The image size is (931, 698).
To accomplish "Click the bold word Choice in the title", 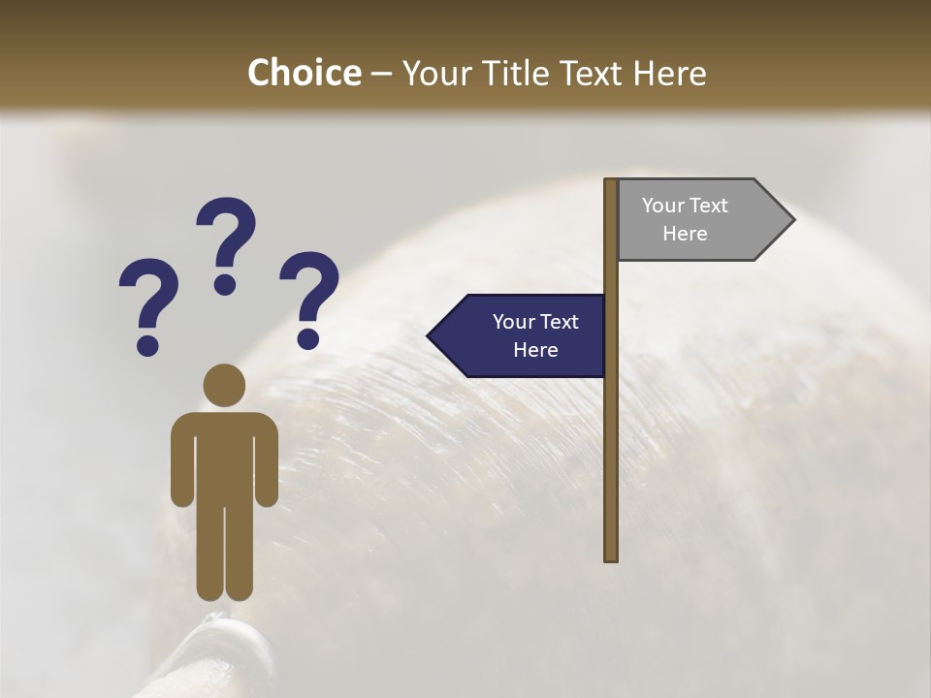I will tap(304, 73).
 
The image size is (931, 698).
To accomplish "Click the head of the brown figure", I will tap(224, 385).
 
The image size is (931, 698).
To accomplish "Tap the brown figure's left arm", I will tap(181, 460).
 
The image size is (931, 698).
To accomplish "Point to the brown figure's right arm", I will tap(268, 460).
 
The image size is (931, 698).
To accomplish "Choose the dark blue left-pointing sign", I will tap(519, 335).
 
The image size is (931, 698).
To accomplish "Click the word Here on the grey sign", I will tap(685, 234).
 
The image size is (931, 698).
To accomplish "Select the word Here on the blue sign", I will tap(535, 350).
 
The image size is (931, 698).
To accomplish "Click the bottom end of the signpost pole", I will tap(611, 555).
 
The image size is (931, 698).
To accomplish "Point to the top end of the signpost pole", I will tap(611, 183).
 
